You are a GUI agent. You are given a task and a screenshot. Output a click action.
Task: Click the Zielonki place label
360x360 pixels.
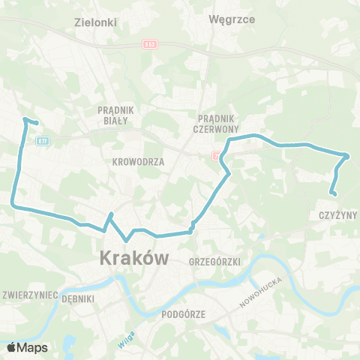point(97,22)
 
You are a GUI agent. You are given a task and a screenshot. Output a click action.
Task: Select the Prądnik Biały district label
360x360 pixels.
point(114,114)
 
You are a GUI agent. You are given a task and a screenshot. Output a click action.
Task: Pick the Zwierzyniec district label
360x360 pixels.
point(31,295)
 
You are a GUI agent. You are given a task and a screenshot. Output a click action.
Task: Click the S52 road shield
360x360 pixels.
point(149,45)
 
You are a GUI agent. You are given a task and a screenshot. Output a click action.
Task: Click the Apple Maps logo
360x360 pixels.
point(27,347)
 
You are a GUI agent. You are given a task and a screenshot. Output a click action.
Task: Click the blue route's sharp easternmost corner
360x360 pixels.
point(348,156)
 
